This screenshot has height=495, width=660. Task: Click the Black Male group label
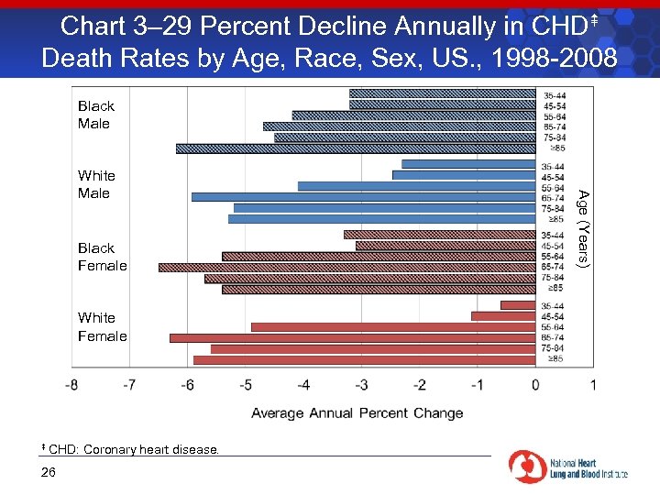pos(95,115)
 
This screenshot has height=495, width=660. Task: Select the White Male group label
pos(95,184)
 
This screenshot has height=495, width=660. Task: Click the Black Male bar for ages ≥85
pos(356,148)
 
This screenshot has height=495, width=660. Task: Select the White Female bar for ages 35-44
pos(518,305)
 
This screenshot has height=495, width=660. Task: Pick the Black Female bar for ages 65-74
pos(347,268)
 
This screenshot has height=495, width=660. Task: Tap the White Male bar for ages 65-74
pos(363,197)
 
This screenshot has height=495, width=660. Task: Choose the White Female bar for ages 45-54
pos(503,316)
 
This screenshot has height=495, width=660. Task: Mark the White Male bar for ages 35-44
pos(468,164)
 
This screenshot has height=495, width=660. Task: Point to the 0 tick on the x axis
pos(535,385)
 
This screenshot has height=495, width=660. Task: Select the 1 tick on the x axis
pos(593,385)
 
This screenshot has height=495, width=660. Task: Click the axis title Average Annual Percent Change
pos(357,413)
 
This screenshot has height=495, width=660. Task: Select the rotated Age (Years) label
pos(583,227)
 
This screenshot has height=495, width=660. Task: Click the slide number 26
pos(49,472)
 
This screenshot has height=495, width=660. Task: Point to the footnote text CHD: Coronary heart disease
pos(133,449)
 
